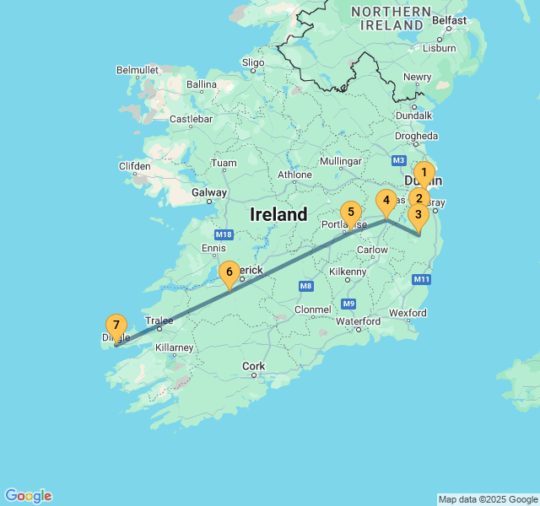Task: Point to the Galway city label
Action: tap(209, 192)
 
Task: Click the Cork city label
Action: tap(253, 366)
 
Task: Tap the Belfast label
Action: tap(449, 20)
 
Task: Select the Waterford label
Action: tap(359, 321)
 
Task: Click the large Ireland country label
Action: tap(278, 215)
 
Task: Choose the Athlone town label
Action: tap(295, 175)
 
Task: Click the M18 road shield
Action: tap(224, 234)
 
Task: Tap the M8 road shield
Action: tap(305, 287)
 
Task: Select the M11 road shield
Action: tap(423, 279)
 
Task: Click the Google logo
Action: tap(28, 496)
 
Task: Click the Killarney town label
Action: tap(174, 347)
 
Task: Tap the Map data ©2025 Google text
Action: tap(488, 499)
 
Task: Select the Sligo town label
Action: tap(253, 62)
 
